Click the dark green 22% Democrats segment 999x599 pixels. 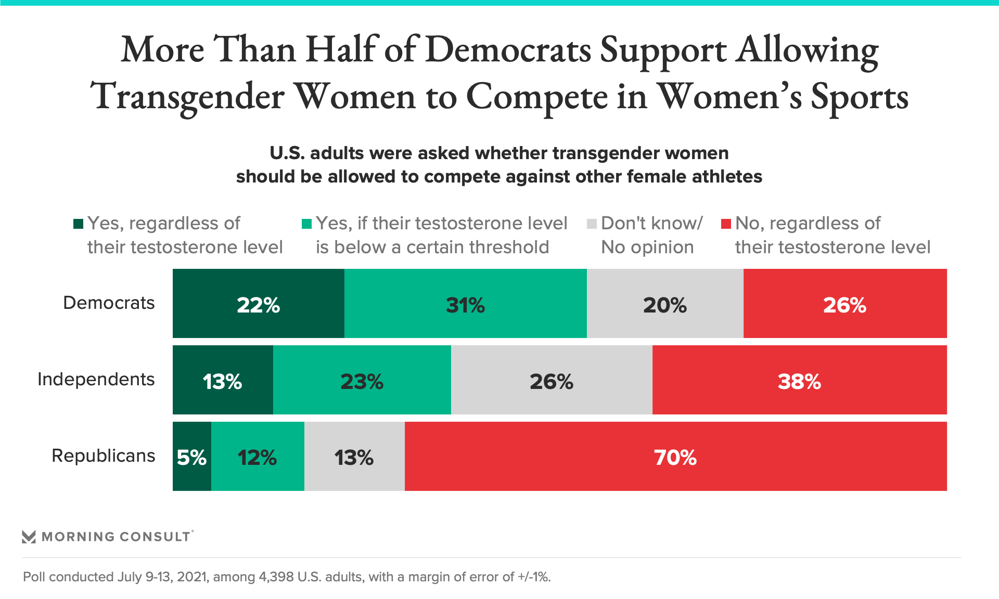point(258,304)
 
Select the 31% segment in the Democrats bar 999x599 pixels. point(465,304)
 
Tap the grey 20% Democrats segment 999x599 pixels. point(665,304)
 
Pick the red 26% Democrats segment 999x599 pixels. point(845,304)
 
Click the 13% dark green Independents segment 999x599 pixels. point(223,380)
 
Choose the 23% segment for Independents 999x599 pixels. point(362,380)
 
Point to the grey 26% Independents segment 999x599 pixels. point(552,380)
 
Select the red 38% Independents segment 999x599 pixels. point(799,380)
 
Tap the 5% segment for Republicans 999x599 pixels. point(192,457)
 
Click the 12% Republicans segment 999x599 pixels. point(258,457)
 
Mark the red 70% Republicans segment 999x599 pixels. point(675,457)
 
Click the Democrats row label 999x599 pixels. point(109,303)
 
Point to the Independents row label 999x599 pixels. point(96,379)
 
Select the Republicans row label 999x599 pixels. point(104,455)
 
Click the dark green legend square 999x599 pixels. point(79,224)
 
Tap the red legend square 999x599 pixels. point(726,224)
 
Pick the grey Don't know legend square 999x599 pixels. point(592,224)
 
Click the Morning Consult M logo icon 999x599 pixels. point(29,537)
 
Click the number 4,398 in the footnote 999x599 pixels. point(276,577)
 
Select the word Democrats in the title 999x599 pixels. point(508,50)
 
